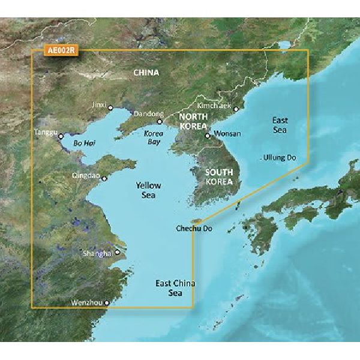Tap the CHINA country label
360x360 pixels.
146,74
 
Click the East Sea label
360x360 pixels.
280,125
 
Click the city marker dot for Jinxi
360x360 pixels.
110,108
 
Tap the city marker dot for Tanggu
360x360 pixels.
61,137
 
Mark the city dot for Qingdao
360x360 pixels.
105,178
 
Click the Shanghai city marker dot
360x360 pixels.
118,253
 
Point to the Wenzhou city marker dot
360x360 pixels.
107,304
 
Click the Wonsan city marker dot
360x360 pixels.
207,136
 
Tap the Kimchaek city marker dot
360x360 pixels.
236,109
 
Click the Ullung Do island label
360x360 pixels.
280,158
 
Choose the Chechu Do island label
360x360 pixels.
194,229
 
